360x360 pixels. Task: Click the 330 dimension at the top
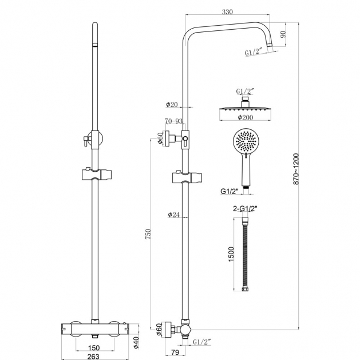227,11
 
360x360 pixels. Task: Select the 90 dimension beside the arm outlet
283,34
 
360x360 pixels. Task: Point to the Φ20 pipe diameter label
172,105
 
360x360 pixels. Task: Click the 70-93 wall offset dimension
173,121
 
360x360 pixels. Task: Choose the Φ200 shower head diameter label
245,117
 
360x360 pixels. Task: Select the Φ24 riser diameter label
173,215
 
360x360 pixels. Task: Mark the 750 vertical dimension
148,234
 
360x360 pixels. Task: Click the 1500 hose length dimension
231,254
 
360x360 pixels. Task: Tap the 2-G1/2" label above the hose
245,209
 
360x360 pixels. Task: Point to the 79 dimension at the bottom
175,352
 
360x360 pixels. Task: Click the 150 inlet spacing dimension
94,348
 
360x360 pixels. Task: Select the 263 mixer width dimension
93,357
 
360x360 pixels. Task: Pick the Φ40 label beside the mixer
136,343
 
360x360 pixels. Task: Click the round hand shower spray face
244,140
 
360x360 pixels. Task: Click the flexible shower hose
245,254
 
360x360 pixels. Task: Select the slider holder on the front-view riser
96,174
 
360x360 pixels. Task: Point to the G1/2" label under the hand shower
230,191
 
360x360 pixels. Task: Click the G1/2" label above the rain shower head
245,92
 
